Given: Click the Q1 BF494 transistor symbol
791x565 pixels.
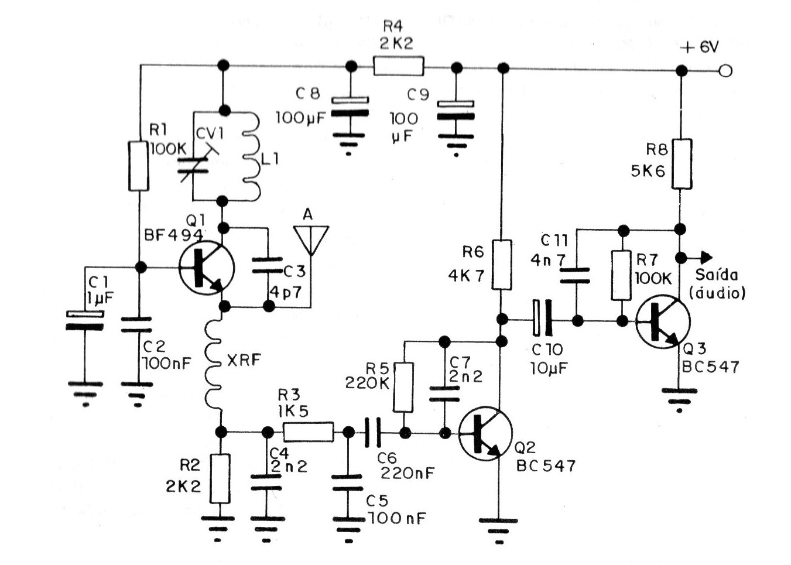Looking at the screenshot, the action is click(x=206, y=268).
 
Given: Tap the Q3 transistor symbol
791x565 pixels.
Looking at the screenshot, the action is click(x=663, y=321).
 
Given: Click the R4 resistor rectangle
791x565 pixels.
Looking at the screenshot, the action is click(x=398, y=66).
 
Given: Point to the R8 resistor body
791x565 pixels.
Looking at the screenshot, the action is click(x=682, y=164).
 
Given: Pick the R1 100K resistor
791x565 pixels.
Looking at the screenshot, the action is click(x=138, y=166).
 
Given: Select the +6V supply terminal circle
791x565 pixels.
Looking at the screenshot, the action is click(x=725, y=71).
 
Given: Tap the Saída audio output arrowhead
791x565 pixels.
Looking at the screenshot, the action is click(x=706, y=258).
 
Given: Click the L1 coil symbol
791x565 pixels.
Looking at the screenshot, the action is click(x=252, y=156).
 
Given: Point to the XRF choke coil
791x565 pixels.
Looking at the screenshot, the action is click(x=213, y=365).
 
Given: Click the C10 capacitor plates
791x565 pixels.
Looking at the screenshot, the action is click(x=542, y=317).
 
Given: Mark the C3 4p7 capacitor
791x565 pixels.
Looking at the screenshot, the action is click(x=268, y=265).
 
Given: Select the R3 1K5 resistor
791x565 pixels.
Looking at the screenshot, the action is click(x=309, y=432).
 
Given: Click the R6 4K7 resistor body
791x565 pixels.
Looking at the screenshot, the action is click(x=501, y=265).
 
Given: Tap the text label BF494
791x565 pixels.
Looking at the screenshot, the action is click(x=174, y=235).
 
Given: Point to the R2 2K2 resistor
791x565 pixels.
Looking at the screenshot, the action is click(x=220, y=478).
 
